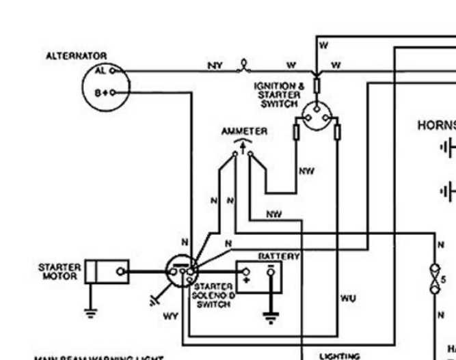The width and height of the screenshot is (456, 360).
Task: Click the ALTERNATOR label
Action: pyautogui.click(x=76, y=56)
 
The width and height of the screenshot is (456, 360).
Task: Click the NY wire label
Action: pyautogui.click(x=215, y=66)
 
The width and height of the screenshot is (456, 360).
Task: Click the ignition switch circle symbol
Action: pyautogui.click(x=316, y=117)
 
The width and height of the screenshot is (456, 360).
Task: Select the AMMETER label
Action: pyautogui.click(x=244, y=130)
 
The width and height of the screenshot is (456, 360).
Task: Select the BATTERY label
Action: pyautogui.click(x=278, y=255)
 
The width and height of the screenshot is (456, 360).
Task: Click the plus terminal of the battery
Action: pyautogui.click(x=246, y=279)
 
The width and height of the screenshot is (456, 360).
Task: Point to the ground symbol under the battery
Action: pyautogui.click(x=271, y=317)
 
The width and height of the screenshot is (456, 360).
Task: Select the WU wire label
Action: pyautogui.click(x=348, y=298)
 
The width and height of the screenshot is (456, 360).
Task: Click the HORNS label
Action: pyautogui.click(x=436, y=125)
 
